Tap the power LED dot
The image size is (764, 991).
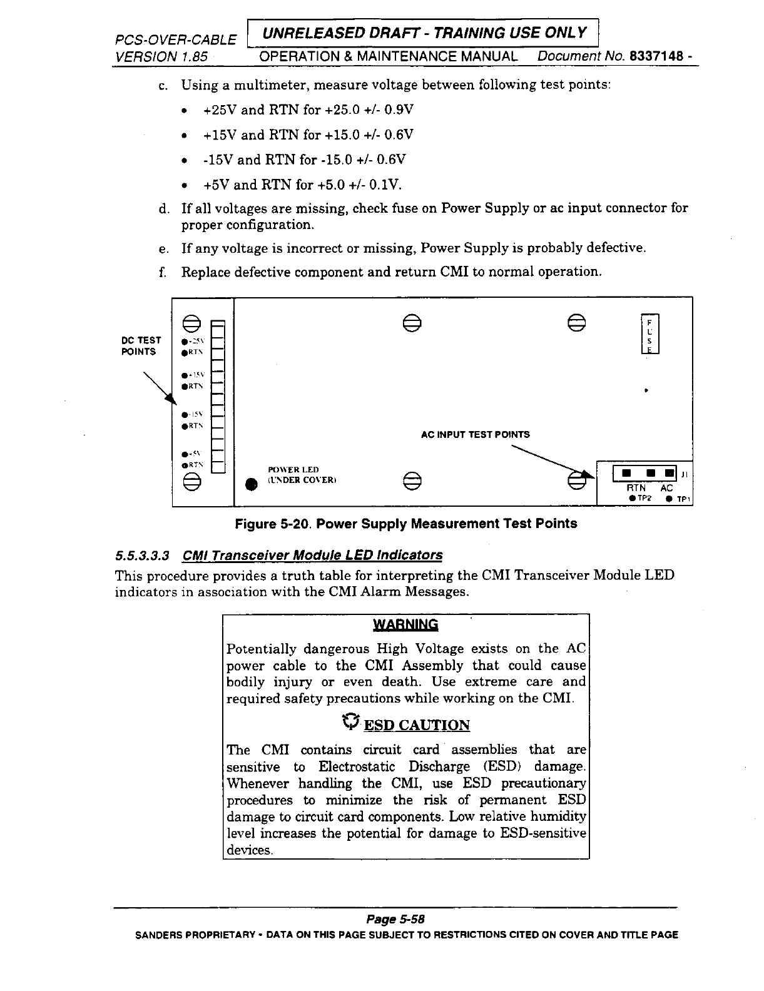(251, 484)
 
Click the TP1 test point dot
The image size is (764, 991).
(669, 499)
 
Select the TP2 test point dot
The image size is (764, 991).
(633, 499)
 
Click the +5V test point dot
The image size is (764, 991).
(182, 455)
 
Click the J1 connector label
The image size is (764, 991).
(685, 475)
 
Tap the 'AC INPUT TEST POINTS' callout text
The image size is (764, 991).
(475, 434)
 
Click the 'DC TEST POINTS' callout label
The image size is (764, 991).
(141, 345)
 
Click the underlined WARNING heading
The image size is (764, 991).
(405, 624)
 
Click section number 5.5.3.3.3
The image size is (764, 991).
(142, 555)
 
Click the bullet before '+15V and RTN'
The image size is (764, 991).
(183, 135)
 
